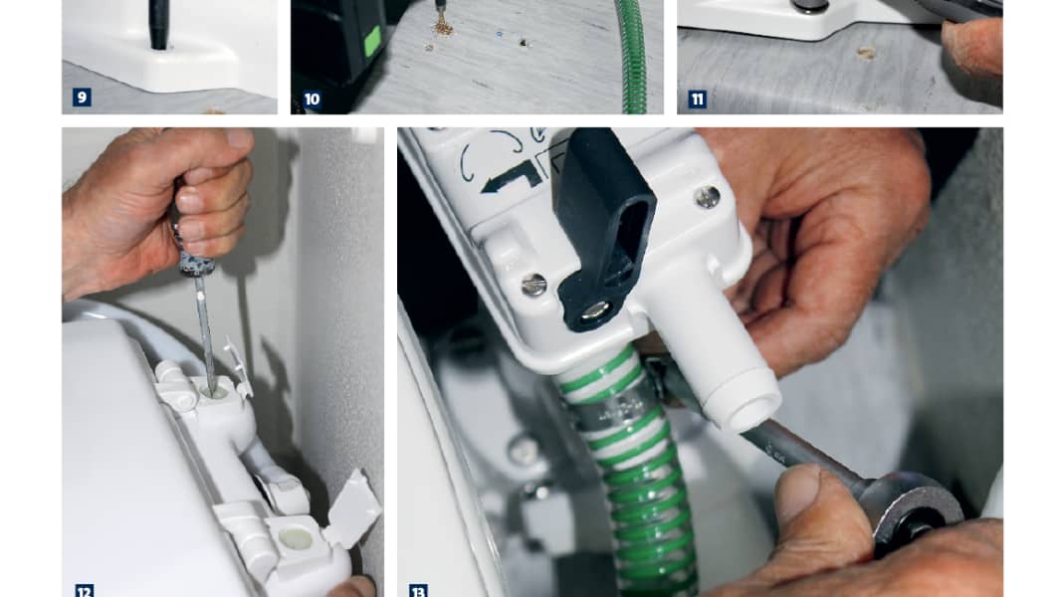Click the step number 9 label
82,98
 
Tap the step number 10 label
312,99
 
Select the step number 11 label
698,99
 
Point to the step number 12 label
83,590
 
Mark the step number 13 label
418,590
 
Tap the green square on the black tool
372,41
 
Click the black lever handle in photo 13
602,229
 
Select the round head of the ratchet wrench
915,508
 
